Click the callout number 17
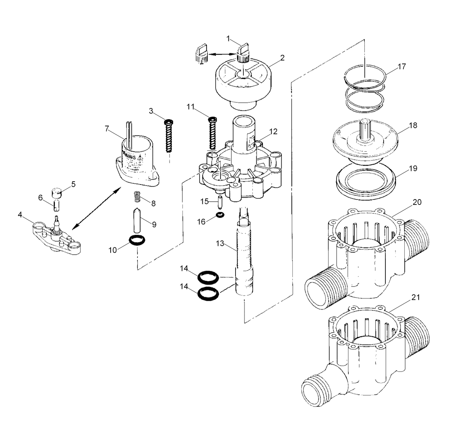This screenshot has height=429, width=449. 402,66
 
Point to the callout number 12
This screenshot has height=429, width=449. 273,131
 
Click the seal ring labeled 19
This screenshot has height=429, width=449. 366,180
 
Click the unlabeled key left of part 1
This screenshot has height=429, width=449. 202,52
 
